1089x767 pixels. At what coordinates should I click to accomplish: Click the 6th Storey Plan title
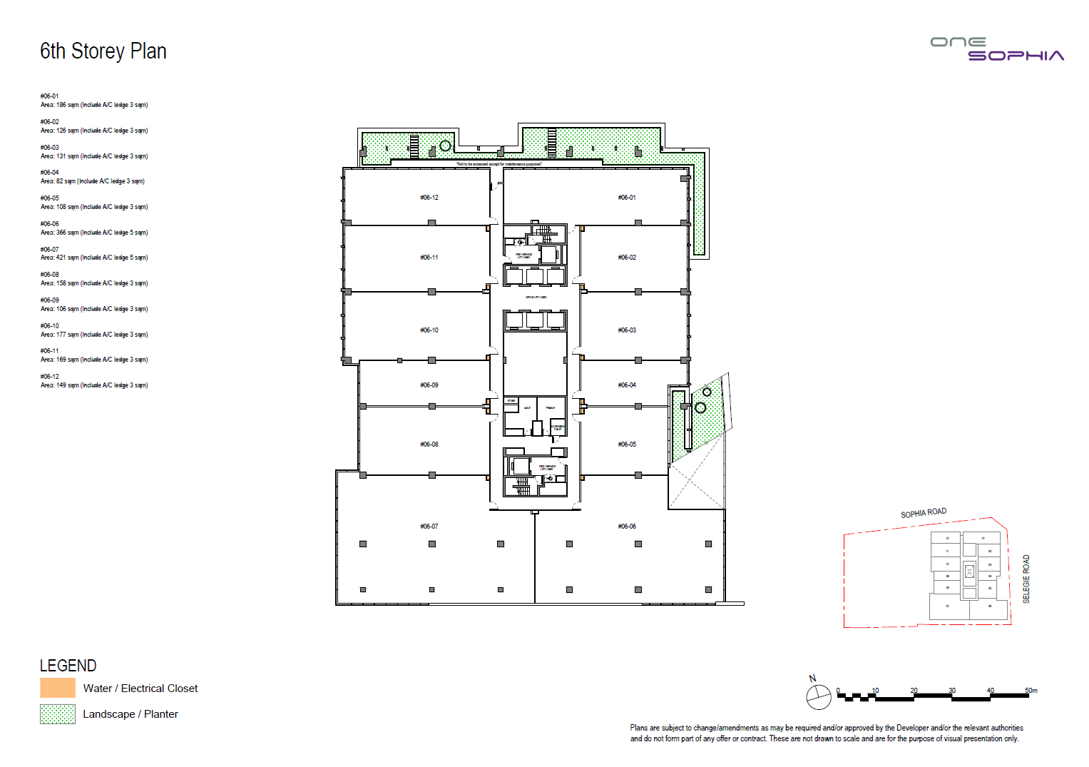103,51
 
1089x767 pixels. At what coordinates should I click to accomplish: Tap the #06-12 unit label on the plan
429,198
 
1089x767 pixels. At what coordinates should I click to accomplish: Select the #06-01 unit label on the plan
627,198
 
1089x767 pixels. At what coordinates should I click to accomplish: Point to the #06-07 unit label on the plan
429,527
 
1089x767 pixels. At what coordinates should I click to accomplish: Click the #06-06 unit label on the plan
627,527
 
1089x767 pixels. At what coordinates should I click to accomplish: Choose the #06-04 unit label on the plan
627,385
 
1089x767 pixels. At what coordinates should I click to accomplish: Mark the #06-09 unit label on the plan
429,385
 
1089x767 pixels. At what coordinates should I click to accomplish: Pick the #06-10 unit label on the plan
429,330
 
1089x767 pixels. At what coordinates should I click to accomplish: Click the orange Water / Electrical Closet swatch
58,688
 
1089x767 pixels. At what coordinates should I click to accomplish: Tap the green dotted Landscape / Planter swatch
58,714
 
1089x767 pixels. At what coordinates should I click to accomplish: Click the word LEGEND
68,666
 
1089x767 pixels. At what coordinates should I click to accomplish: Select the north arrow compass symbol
818,696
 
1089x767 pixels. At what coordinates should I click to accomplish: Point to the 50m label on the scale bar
1031,691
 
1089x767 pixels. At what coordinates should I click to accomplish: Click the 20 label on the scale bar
914,691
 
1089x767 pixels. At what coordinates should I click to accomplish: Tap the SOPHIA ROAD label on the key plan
924,513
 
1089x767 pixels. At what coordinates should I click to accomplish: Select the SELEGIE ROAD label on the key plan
1026,579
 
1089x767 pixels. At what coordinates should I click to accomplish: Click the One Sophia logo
997,49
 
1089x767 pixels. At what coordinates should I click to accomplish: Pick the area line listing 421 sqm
94,258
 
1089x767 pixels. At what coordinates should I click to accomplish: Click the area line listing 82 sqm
93,181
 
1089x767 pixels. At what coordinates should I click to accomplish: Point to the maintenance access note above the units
499,164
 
